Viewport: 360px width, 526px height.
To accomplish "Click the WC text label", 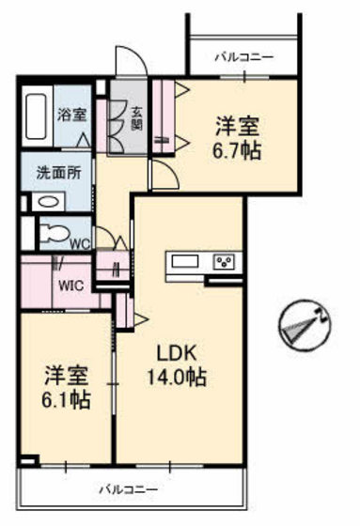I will tap(81, 241).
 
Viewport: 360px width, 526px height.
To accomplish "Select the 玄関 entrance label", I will tap(135, 119).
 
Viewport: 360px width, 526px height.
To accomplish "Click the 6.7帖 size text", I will tap(236, 149).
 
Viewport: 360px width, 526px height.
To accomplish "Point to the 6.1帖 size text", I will tap(65, 400).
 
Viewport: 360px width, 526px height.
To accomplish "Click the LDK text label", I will tap(174, 355).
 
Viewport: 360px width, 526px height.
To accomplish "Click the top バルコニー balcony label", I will tap(243, 58).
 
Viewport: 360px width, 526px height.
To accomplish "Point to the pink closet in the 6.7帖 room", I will tap(166, 116).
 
